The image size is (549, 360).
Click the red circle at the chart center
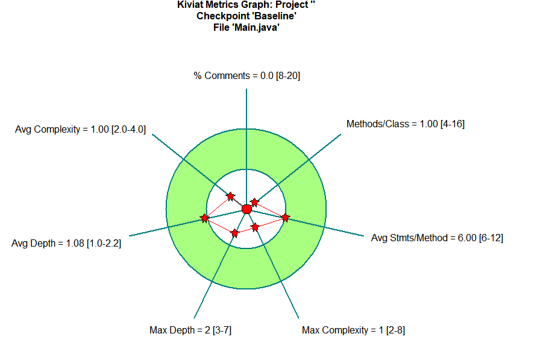[246, 209]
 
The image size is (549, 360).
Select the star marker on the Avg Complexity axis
[230, 196]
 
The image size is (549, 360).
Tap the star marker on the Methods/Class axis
[254, 202]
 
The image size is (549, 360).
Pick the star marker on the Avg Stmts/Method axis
[285, 217]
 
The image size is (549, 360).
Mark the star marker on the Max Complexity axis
[255, 227]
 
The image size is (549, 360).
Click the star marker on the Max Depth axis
[235, 233]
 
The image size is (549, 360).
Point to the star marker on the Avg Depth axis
[205, 218]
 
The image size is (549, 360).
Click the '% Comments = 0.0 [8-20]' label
[246, 76]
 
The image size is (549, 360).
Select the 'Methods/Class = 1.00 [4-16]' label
[405, 124]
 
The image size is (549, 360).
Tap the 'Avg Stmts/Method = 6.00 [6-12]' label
[437, 238]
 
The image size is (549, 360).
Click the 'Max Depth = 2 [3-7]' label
[190, 330]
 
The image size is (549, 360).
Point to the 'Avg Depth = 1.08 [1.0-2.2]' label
[66, 244]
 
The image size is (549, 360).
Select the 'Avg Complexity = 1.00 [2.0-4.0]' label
[80, 128]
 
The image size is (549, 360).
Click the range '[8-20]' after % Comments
[288, 76]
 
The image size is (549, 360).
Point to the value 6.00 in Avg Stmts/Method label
[466, 238]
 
